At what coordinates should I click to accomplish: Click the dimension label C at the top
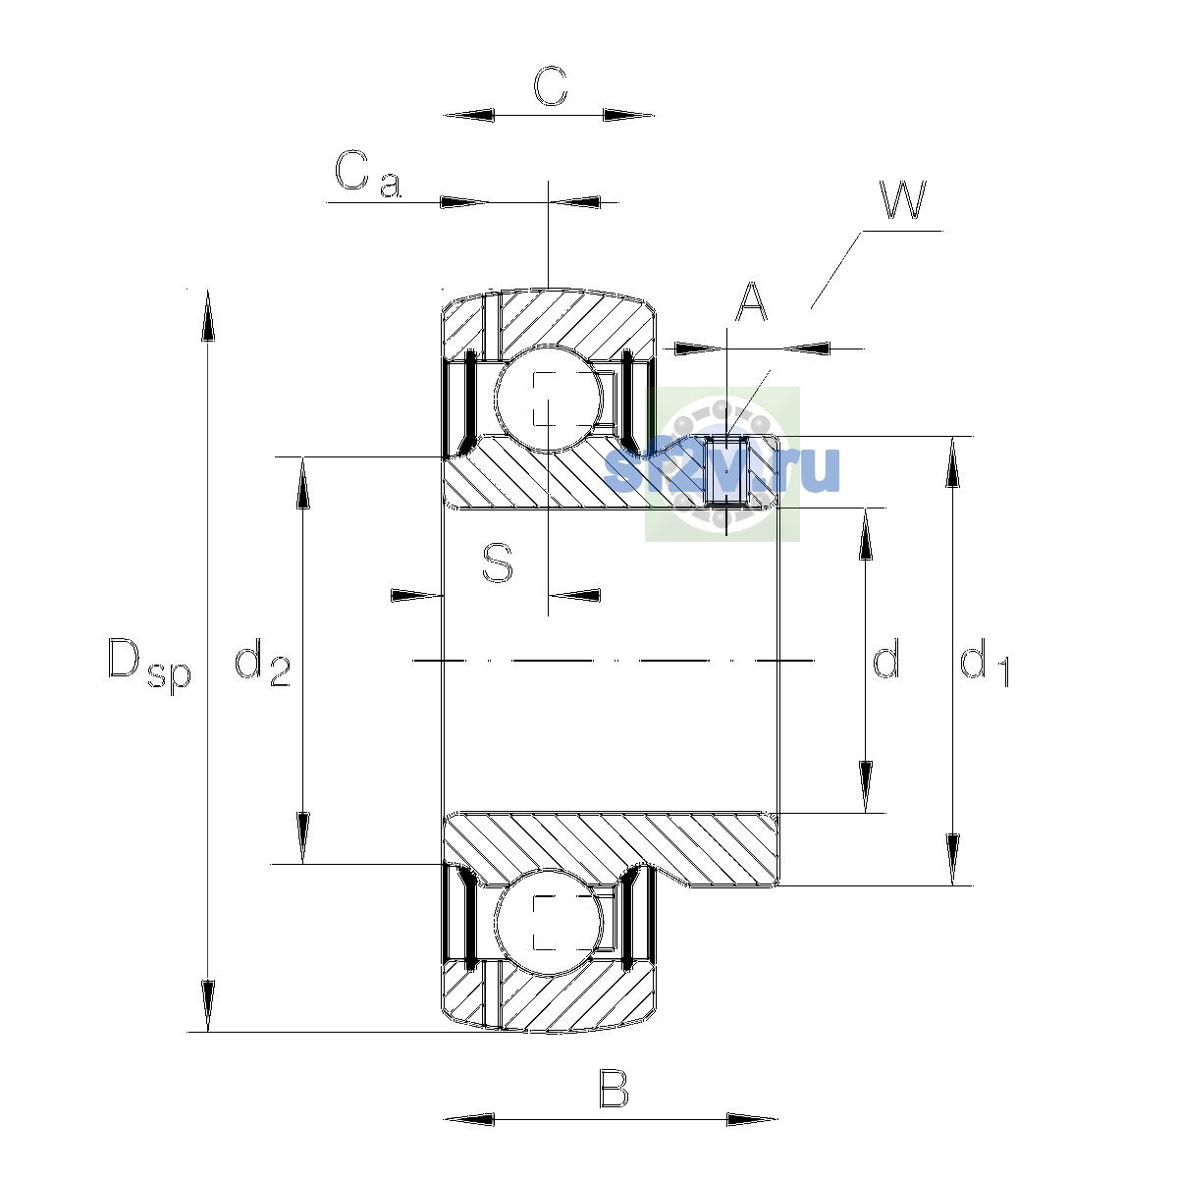tap(550, 85)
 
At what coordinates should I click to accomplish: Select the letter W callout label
tap(902, 200)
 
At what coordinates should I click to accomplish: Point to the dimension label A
tap(750, 302)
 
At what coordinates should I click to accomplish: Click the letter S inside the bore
tap(497, 563)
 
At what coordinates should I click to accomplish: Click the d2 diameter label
tap(262, 662)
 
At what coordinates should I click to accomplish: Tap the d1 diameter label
tap(984, 662)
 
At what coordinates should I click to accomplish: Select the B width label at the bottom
tap(614, 1105)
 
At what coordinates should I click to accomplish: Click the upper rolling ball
tap(549, 398)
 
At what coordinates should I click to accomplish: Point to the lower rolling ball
tap(549, 922)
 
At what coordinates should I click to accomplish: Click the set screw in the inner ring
tap(726, 471)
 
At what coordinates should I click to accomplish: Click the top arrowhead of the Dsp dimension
tap(208, 315)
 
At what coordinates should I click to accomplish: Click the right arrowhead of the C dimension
tap(629, 115)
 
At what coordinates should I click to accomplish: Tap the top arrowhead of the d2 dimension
tap(302, 483)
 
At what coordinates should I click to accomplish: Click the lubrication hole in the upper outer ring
tap(492, 326)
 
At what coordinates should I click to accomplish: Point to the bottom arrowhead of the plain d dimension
tap(865, 786)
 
